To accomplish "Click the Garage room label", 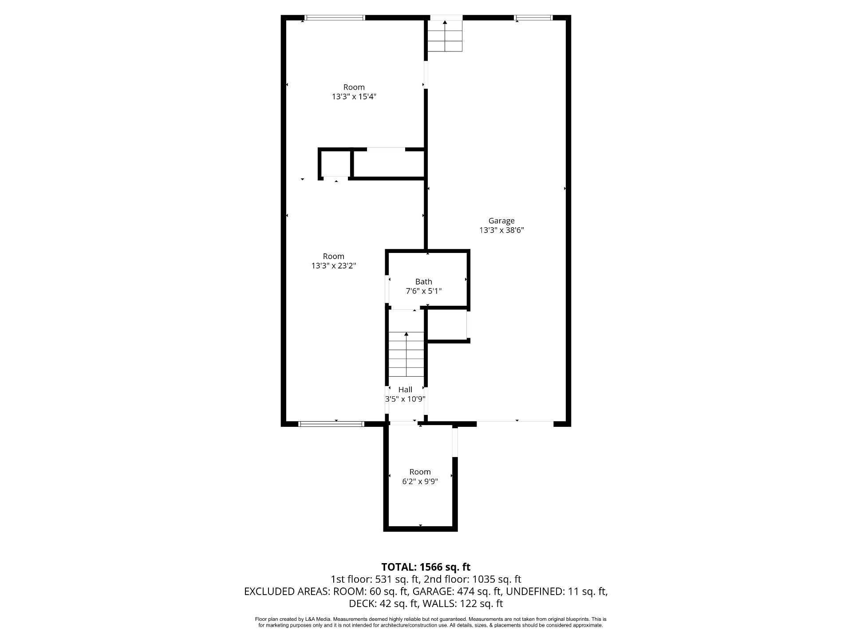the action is (501, 221).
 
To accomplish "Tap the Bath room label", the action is (424, 281).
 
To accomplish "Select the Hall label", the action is (405, 390).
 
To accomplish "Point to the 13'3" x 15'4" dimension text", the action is (354, 97).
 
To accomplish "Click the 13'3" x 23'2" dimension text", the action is (334, 266).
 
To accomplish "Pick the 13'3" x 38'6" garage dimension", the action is (501, 230).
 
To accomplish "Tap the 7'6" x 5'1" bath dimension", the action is (424, 291).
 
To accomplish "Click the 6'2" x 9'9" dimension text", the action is (420, 481).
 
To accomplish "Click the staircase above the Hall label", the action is (406, 355).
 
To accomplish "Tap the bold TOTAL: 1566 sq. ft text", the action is (426, 567).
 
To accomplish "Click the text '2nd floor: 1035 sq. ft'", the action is (472, 579).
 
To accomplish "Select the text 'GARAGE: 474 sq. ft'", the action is (457, 591).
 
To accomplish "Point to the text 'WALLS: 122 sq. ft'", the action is (463, 603).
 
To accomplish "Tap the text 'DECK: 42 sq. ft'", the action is (383, 603).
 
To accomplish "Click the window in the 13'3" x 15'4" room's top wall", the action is (334, 18).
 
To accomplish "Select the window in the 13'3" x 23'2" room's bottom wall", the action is (331, 424).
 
